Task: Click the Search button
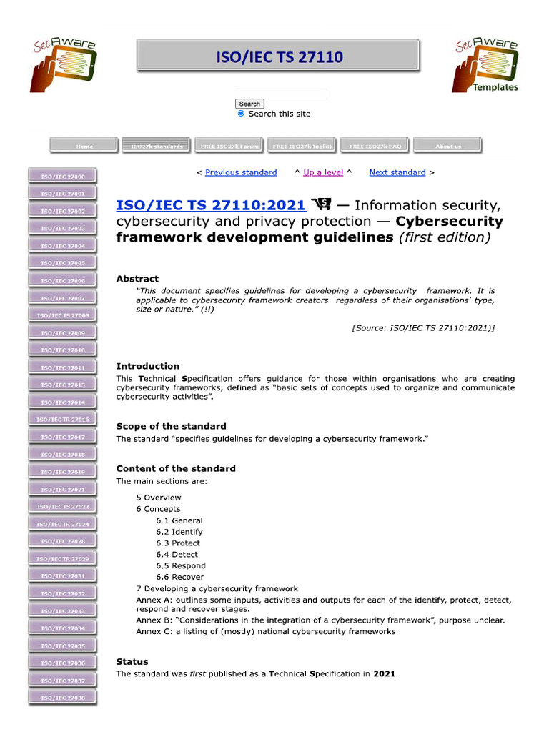pos(249,104)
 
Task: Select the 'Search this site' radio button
pos(241,114)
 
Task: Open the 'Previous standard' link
pos(241,172)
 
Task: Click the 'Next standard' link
pos(397,172)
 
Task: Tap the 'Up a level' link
pos(323,172)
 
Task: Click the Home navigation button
pos(84,146)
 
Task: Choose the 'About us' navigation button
pos(447,146)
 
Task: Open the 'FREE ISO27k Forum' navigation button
pos(229,146)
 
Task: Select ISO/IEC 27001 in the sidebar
pos(62,194)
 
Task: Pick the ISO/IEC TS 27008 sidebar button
pos(62,315)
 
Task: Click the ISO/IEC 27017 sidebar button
pos(62,437)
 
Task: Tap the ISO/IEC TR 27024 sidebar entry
pos(62,524)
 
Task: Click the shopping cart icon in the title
pos(321,205)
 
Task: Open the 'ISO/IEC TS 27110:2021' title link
pos(211,205)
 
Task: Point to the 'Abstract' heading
pos(137,279)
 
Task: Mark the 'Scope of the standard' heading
pos(171,426)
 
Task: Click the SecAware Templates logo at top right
pos(485,66)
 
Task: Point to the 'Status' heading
pos(132,662)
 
